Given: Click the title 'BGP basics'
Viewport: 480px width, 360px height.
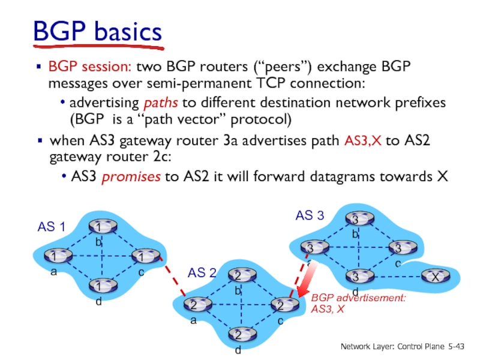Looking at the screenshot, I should [97, 31].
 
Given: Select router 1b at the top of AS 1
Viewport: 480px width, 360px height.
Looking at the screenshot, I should [96, 227].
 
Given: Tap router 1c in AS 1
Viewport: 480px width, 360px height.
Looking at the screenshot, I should [142, 256].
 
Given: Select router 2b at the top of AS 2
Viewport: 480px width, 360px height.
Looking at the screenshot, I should [238, 276].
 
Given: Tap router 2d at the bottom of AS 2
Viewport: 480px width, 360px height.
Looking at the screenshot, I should [238, 334].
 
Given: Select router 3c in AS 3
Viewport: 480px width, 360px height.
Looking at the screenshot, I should [397, 247].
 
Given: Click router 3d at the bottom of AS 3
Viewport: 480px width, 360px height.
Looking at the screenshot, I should [355, 277].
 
